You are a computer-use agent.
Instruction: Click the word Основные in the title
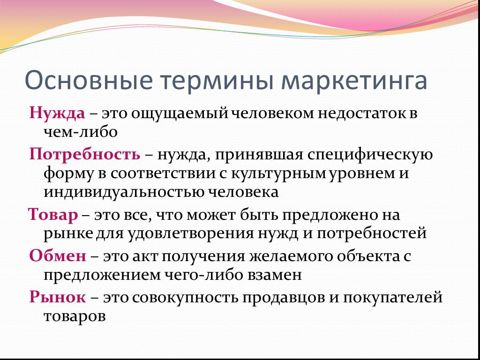pyautogui.click(x=88, y=80)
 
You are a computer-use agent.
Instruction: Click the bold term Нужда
pyautogui.click(x=57, y=114)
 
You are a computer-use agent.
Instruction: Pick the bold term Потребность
pyautogui.click(x=85, y=155)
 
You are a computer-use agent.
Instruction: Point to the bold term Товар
pyautogui.click(x=53, y=215)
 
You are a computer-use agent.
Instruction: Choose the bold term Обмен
pyautogui.click(x=58, y=255)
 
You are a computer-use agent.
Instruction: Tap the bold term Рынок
pyautogui.click(x=58, y=297)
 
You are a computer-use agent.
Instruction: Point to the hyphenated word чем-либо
pyautogui.click(x=81, y=132)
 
